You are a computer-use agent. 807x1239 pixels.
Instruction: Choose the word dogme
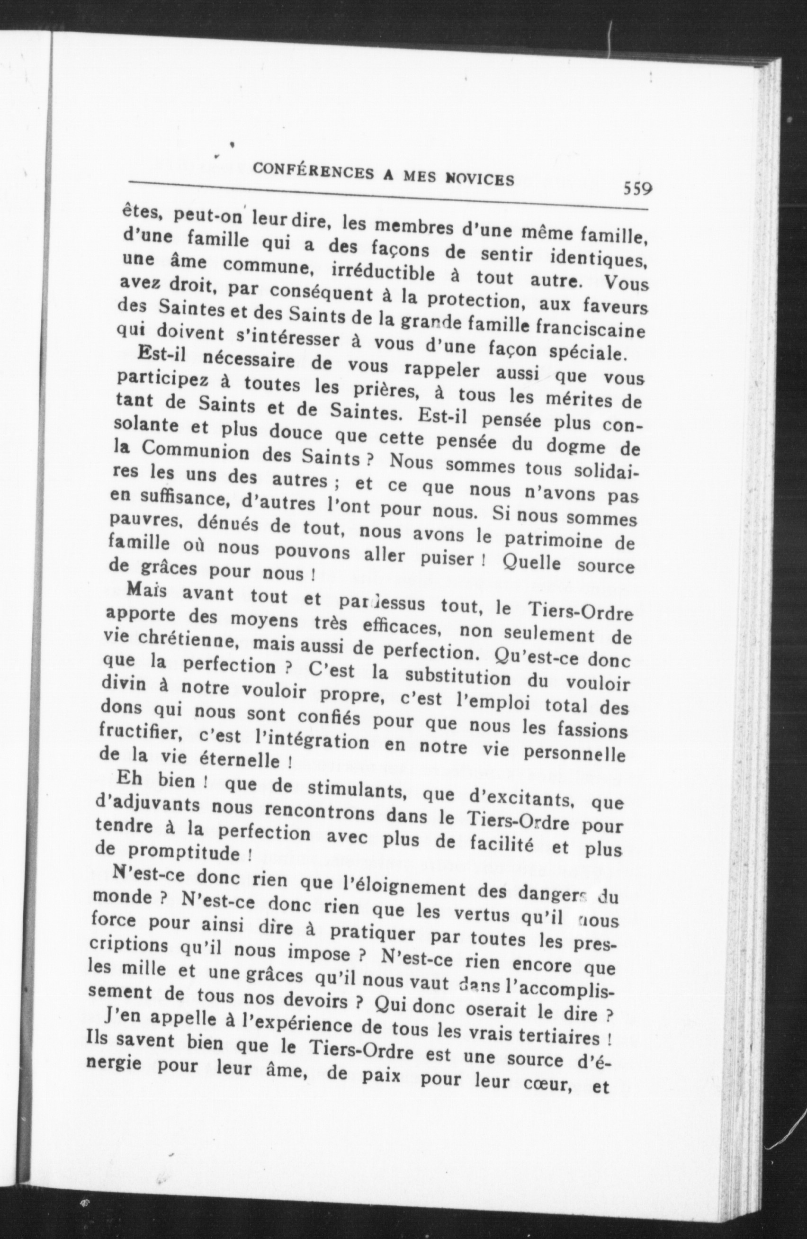point(570,446)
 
